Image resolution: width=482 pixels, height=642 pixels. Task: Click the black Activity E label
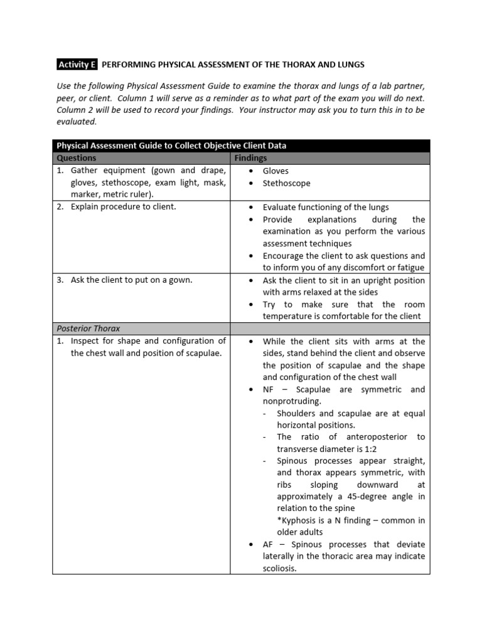pyautogui.click(x=75, y=65)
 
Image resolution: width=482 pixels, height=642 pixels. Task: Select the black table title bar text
pyautogui.click(x=171, y=145)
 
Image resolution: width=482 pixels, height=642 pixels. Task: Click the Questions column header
pyautogui.click(x=76, y=158)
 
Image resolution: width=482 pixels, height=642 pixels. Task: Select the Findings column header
pyautogui.click(x=250, y=158)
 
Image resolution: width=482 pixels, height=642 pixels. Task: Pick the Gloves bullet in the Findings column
pyautogui.click(x=276, y=171)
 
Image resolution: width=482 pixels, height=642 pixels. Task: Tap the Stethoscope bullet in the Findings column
pyautogui.click(x=286, y=183)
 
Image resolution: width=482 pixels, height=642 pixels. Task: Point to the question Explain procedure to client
pyautogui.click(x=123, y=207)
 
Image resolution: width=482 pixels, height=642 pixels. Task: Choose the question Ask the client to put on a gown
pyautogui.click(x=131, y=280)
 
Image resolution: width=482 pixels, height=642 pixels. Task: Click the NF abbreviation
pyautogui.click(x=269, y=389)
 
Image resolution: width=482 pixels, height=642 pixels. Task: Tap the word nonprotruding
pyautogui.click(x=291, y=401)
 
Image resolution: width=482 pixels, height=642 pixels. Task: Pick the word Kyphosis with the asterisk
pyautogui.click(x=297, y=520)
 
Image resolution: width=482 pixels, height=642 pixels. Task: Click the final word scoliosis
pyautogui.click(x=279, y=569)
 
